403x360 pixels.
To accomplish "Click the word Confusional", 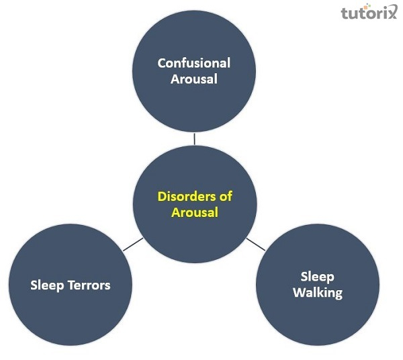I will click(193, 63).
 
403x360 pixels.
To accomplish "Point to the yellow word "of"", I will click(226, 197).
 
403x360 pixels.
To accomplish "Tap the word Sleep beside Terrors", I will click(47, 285).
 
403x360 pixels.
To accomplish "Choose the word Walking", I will click(318, 293).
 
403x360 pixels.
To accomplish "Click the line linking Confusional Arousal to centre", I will click(194, 138).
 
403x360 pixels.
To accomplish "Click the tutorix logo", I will click(369, 13).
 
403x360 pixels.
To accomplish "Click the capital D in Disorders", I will click(162, 197).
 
